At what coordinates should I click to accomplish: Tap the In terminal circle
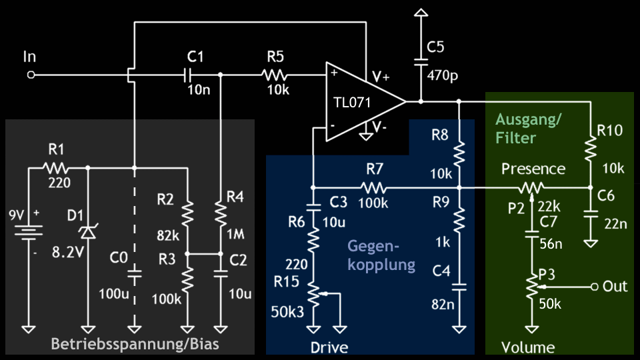click(x=30, y=75)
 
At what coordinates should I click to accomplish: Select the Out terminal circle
click(x=593, y=287)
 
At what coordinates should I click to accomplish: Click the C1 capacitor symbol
click(x=189, y=75)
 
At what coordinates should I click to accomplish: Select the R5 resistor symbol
click(x=275, y=75)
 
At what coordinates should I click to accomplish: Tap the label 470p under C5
click(x=443, y=76)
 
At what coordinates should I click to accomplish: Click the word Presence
click(x=533, y=169)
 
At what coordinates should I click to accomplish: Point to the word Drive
click(x=329, y=347)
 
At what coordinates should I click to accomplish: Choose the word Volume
click(x=529, y=347)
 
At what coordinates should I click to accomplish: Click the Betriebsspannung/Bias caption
click(x=135, y=344)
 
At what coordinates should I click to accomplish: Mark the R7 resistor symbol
click(x=375, y=188)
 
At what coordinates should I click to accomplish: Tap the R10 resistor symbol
click(x=590, y=149)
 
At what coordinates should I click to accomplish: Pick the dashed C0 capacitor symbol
click(x=135, y=273)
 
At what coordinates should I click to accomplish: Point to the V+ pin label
click(x=381, y=77)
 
